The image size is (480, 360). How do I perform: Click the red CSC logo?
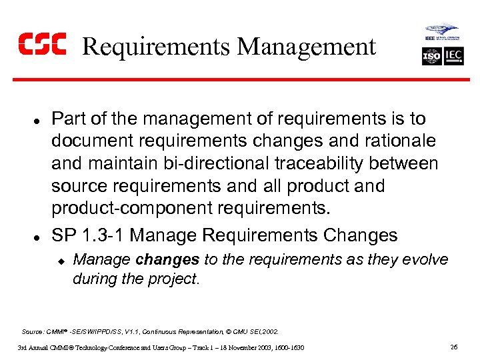click(41, 45)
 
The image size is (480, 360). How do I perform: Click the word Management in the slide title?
click(307, 47)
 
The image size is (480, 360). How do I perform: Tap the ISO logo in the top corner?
click(432, 57)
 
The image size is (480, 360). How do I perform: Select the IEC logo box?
click(454, 57)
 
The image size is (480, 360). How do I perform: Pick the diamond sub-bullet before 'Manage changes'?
click(59, 261)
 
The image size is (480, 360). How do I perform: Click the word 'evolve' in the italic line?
click(427, 259)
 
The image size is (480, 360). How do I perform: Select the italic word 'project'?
click(173, 279)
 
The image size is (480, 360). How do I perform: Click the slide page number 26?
click(453, 347)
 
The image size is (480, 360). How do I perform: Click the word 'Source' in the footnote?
click(33, 331)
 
